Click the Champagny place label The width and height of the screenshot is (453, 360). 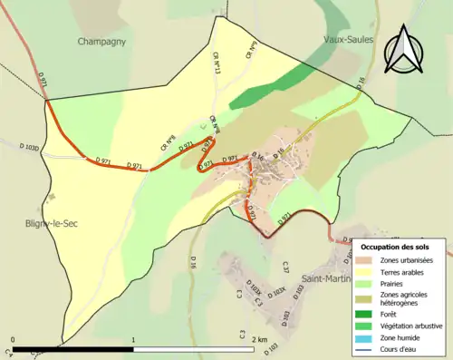click(101, 41)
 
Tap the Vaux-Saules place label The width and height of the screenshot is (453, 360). click(349, 39)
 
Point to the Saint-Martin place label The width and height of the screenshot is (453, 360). click(326, 278)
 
